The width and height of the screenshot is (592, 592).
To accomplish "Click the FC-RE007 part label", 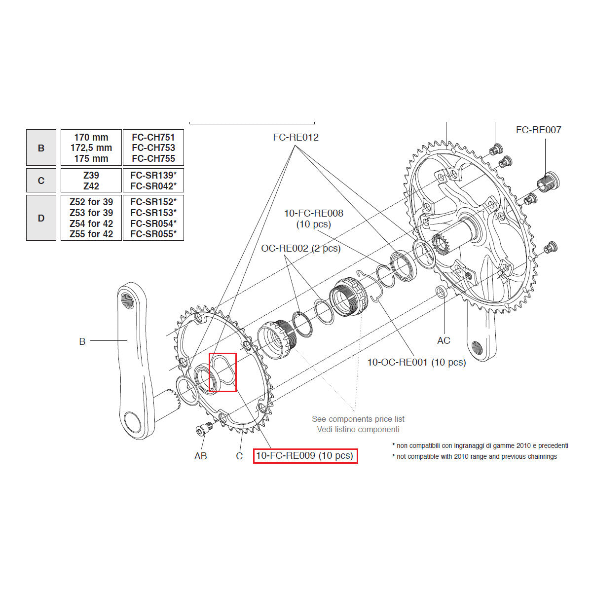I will tap(538, 130).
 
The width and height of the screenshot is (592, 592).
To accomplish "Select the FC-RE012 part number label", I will tap(296, 137).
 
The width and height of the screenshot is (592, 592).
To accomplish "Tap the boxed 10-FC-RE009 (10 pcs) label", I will tap(305, 456).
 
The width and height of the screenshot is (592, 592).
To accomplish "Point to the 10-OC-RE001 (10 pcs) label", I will tap(416, 362).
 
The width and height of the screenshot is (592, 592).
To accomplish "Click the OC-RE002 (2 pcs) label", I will tap(300, 248).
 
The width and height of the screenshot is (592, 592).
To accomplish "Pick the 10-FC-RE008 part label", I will tap(313, 213).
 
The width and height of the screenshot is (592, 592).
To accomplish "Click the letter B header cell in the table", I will tap(41, 148).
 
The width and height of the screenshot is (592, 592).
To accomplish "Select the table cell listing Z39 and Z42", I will tap(91, 181).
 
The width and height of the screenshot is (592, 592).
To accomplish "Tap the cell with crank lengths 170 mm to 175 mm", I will tap(91, 148).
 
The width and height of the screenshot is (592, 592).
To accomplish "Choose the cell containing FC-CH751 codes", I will tap(153, 148).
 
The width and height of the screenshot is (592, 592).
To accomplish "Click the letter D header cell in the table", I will tap(41, 218).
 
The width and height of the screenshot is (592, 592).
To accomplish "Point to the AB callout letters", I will tap(200, 456).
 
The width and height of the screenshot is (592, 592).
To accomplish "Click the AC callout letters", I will tap(444, 340).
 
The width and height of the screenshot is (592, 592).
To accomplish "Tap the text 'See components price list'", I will tap(358, 419).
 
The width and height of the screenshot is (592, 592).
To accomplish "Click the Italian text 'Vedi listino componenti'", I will tap(358, 429).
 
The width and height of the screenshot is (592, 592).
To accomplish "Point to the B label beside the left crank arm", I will tap(82, 341).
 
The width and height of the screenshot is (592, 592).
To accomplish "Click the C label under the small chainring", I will tap(239, 456).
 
